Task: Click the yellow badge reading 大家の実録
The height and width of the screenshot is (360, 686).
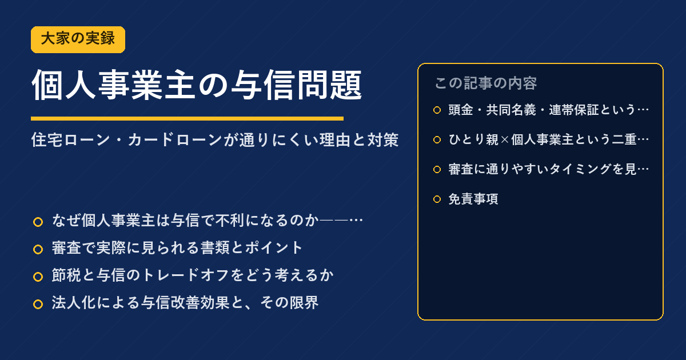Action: click(x=78, y=39)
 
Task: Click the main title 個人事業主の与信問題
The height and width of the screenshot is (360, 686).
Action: click(x=197, y=85)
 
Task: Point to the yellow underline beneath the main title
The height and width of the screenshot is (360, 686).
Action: click(x=187, y=118)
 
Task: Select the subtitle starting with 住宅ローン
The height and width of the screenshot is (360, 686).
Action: click(x=215, y=140)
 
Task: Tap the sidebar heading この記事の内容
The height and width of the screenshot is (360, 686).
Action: click(x=486, y=83)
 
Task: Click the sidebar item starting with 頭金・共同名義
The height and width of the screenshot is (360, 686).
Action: click(x=548, y=110)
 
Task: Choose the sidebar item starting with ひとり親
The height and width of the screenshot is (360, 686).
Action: click(x=548, y=139)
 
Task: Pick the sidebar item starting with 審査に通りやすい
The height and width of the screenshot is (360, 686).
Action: click(x=548, y=169)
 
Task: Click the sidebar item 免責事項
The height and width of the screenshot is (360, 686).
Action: click(x=473, y=199)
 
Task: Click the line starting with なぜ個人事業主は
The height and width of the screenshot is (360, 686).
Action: click(x=208, y=221)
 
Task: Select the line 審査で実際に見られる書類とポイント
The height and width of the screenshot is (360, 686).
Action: click(x=177, y=248)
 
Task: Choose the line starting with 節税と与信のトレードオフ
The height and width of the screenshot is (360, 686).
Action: click(x=193, y=275)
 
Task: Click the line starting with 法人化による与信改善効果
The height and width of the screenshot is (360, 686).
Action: click(x=185, y=303)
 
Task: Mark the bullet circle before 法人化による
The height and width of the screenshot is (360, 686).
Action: click(x=38, y=304)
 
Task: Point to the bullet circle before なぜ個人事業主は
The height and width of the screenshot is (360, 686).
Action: click(x=38, y=222)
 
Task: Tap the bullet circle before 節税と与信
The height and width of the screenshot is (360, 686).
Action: click(x=38, y=277)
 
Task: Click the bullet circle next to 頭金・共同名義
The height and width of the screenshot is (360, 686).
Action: click(x=437, y=110)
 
